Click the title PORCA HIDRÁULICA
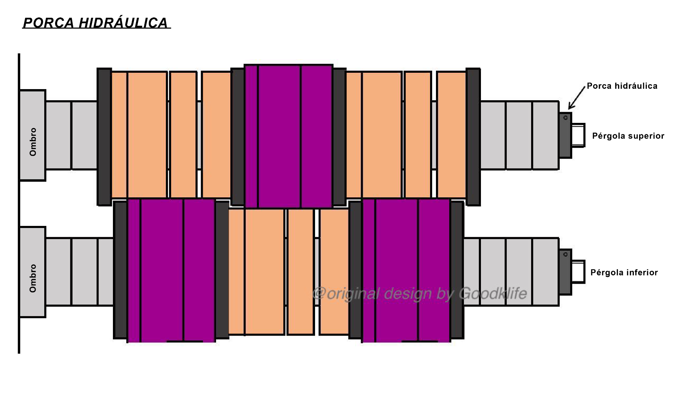pyautogui.click(x=96, y=23)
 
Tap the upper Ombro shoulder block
pyautogui.click(x=32, y=135)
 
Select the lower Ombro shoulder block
pyautogui.click(x=32, y=272)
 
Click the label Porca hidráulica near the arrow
pyautogui.click(x=622, y=86)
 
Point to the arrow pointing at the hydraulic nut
pyautogui.click(x=577, y=97)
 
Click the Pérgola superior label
pyautogui.click(x=628, y=136)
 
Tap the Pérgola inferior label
pyautogui.click(x=624, y=273)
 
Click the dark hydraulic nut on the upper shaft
pyautogui.click(x=565, y=135)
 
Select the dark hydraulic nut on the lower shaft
pyautogui.click(x=565, y=272)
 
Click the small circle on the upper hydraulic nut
pyautogui.click(x=565, y=118)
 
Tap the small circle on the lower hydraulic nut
pyautogui.click(x=565, y=254)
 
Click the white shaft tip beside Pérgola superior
pyautogui.click(x=578, y=135)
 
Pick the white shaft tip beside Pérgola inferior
pyautogui.click(x=578, y=272)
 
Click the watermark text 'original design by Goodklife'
pyautogui.click(x=420, y=293)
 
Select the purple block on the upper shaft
pyautogui.click(x=289, y=136)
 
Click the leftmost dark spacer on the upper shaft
pyautogui.click(x=104, y=137)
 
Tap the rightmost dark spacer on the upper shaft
pyautogui.click(x=473, y=137)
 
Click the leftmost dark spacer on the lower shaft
pyautogui.click(x=121, y=269)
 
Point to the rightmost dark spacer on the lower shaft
pyautogui.click(x=457, y=269)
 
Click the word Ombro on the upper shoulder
pyautogui.click(x=33, y=142)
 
